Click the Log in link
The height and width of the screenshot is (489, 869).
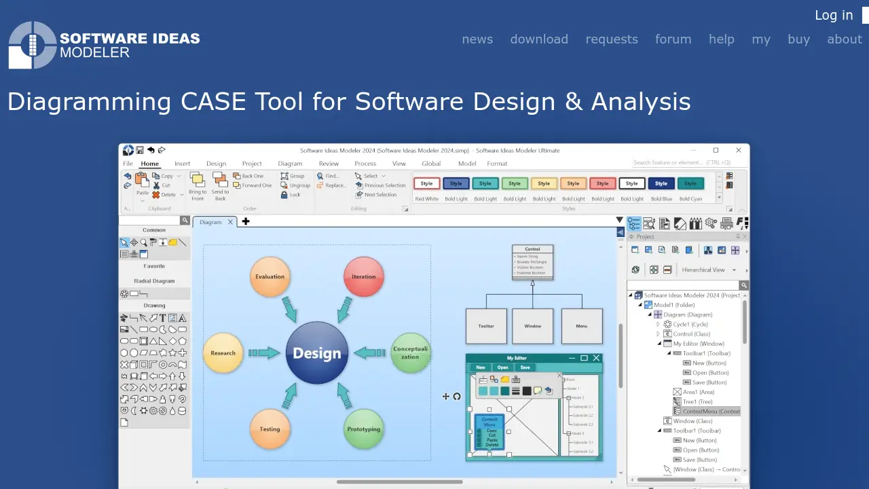tap(834, 16)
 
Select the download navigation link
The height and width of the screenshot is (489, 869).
tap(539, 39)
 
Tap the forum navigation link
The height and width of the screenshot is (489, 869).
tap(673, 39)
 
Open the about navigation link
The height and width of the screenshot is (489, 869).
tap(844, 39)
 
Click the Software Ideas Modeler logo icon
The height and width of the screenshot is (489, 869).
tap(32, 45)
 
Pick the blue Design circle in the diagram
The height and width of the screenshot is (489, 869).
tap(317, 353)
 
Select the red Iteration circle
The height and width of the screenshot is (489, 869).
tap(364, 277)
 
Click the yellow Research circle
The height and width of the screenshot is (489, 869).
tap(223, 353)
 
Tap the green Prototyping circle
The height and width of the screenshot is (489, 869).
tap(364, 429)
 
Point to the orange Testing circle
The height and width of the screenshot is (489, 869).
tap(270, 429)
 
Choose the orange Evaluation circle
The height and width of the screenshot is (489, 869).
tap(270, 277)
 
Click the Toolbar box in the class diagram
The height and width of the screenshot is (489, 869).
tap(486, 326)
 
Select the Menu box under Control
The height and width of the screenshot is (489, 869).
tap(582, 326)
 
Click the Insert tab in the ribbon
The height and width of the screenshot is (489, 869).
tap(182, 164)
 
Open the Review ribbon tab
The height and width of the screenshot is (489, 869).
tap(329, 164)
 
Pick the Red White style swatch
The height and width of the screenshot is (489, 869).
tap(427, 184)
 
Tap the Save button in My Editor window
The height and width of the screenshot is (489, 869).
tap(525, 367)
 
